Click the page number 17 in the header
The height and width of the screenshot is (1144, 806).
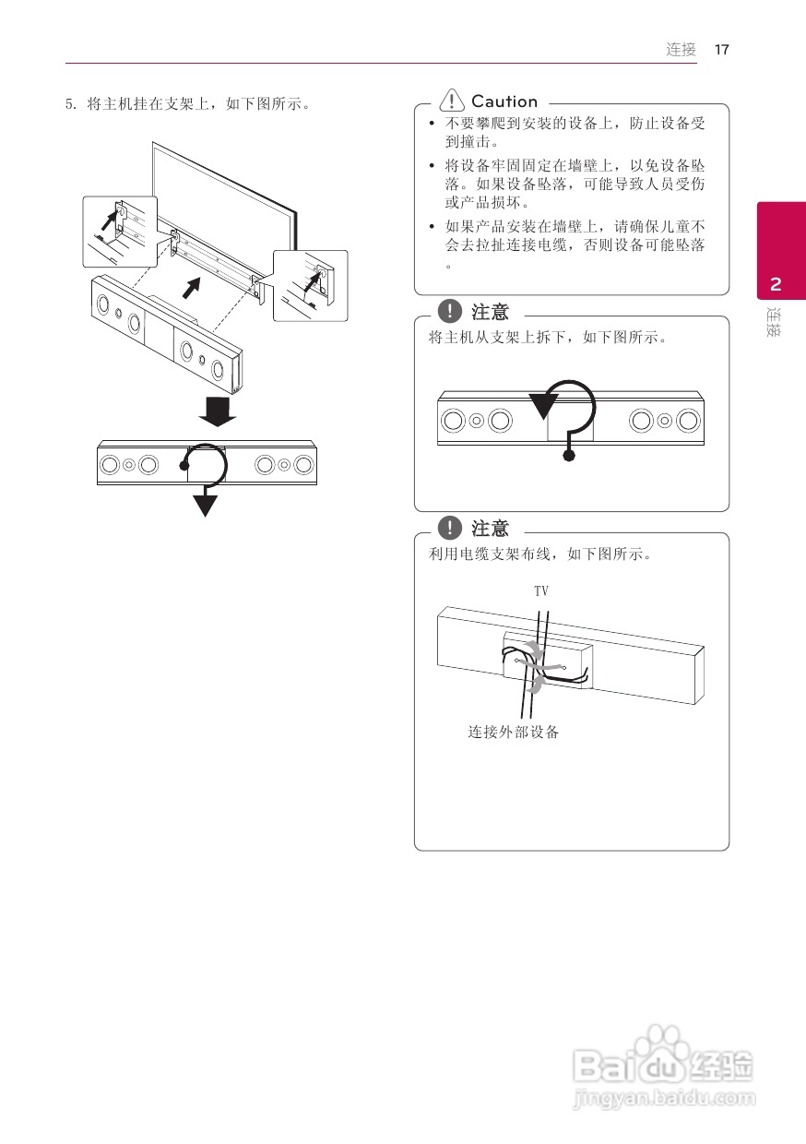(721, 50)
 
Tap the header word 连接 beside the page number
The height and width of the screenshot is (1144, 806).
(682, 50)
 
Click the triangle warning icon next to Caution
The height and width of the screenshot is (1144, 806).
(452, 101)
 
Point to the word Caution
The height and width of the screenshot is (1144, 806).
(504, 101)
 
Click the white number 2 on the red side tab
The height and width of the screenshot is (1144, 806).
(776, 284)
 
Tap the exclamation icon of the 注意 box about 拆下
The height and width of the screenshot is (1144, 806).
(449, 312)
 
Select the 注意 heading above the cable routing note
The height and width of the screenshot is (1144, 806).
(490, 529)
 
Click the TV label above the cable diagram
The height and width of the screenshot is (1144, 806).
(541, 590)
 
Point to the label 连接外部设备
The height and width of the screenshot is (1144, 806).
(513, 733)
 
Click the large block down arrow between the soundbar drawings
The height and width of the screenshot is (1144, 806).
(218, 411)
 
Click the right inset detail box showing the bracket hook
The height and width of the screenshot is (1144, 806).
(311, 285)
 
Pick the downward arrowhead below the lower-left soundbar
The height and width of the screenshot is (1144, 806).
(205, 505)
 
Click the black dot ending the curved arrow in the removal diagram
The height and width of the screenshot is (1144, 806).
(570, 455)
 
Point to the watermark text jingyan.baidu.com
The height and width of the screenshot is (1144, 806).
(664, 1099)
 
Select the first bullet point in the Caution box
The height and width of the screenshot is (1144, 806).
(432, 123)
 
